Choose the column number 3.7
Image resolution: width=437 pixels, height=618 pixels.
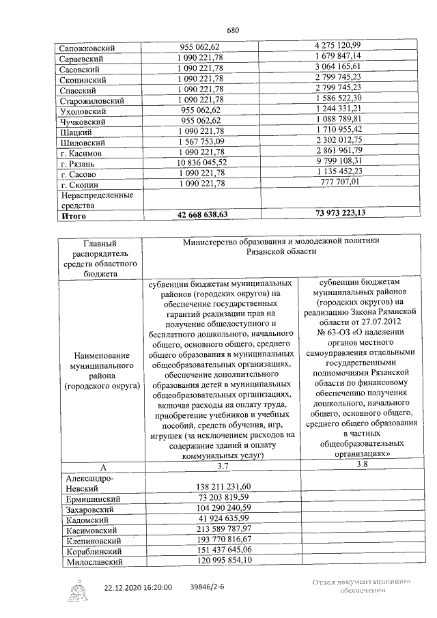(x=223, y=466)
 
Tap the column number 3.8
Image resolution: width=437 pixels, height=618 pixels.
(x=353, y=465)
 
